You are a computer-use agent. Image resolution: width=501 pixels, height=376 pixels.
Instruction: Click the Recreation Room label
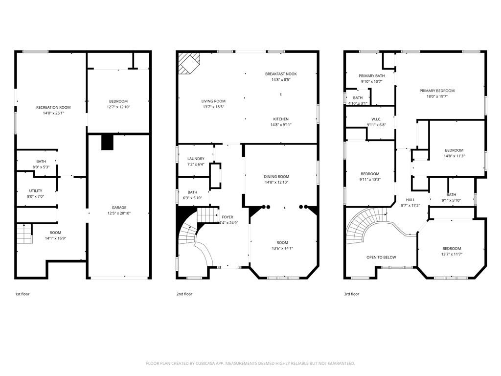(x=53, y=107)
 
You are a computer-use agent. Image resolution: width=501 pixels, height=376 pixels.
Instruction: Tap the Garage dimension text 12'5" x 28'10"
(x=119, y=213)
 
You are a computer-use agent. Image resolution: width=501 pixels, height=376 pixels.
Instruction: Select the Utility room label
(x=35, y=191)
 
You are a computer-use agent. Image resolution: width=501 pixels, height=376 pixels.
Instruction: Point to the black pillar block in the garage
(x=108, y=142)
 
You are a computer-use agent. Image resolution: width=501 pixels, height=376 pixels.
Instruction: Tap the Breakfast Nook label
(x=281, y=74)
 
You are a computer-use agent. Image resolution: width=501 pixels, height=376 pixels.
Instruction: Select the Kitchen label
(x=281, y=119)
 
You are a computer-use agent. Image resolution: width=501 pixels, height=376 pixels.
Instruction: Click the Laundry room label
(x=196, y=159)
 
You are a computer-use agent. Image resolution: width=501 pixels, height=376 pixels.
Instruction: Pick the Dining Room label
(x=276, y=177)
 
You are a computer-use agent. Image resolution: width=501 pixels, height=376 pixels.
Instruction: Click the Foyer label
(x=228, y=217)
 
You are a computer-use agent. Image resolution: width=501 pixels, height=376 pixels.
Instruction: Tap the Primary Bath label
(x=371, y=76)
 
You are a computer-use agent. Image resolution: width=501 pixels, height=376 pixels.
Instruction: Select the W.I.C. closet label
(x=376, y=119)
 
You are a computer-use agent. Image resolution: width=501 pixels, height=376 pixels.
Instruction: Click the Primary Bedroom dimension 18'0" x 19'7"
(x=437, y=96)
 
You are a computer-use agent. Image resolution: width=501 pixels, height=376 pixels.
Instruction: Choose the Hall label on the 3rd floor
(x=410, y=200)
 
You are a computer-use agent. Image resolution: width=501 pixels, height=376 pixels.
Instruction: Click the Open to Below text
(x=381, y=257)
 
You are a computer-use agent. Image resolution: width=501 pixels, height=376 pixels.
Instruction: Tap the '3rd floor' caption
(x=351, y=294)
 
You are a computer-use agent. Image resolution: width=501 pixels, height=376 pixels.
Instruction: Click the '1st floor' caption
(x=23, y=294)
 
